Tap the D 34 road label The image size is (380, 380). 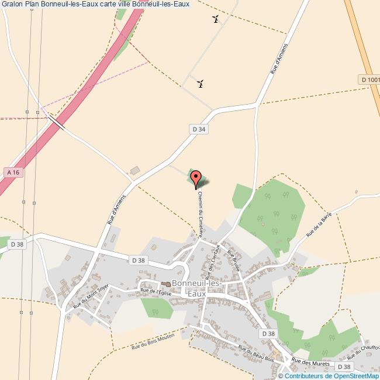point(199,129)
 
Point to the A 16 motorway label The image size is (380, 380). point(12,172)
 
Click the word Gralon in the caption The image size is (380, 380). point(12,5)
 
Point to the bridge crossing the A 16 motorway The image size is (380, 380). point(57,122)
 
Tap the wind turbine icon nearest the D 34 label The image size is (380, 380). point(201,83)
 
